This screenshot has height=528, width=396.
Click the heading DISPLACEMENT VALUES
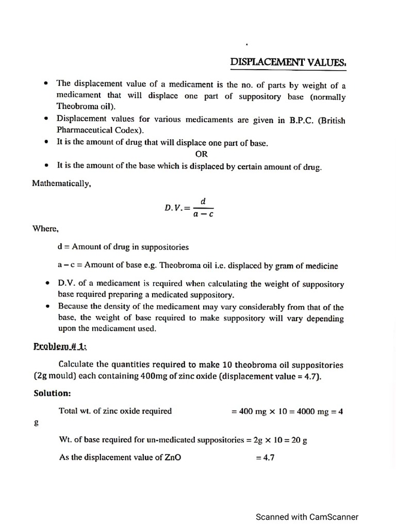[x=288, y=62]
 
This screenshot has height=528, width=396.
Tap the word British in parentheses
[x=331, y=120]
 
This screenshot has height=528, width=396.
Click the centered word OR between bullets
[x=202, y=154]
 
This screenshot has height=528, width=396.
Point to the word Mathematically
[x=61, y=183]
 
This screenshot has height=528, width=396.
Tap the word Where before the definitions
[x=46, y=228]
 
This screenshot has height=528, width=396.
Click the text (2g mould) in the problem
[x=57, y=376]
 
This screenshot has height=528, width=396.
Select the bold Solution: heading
[x=52, y=393]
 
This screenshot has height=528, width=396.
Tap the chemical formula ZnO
[x=172, y=457]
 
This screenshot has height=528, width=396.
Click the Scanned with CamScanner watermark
[x=307, y=517]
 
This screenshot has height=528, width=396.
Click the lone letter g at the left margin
[x=36, y=422]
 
